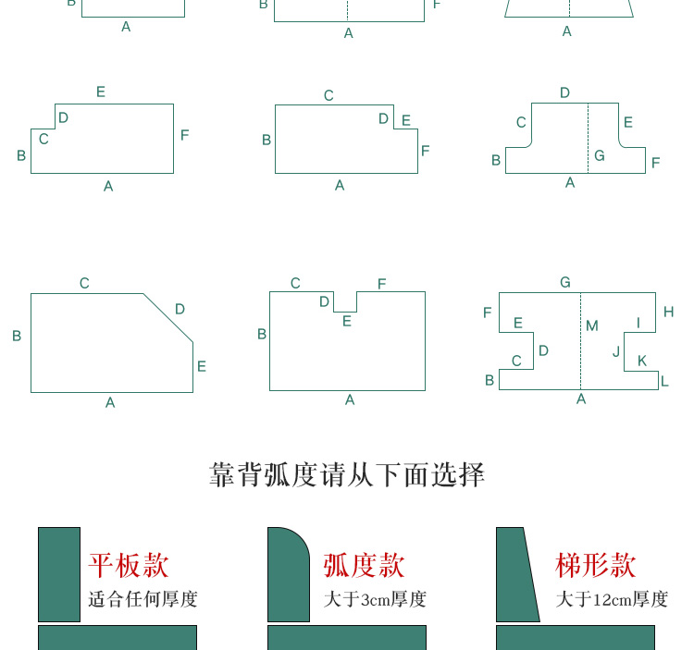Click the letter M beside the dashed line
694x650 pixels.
coord(592,325)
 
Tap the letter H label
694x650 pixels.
coord(669,313)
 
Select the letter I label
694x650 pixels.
coord(638,323)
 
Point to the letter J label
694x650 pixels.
coord(616,351)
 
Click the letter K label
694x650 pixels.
coord(642,361)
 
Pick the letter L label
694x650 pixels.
coord(664,381)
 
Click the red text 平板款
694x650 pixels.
coord(129,565)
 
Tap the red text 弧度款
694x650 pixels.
coord(365,565)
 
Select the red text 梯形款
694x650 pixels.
coord(596,565)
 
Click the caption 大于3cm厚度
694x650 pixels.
coord(375,599)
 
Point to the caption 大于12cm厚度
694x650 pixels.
coord(612,599)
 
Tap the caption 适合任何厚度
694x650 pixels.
coord(143,599)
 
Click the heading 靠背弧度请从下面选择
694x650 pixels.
coord(347,475)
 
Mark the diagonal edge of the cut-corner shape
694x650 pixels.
coord(168,317)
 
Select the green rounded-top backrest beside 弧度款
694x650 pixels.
coord(287,575)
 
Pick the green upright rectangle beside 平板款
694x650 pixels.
coord(59,574)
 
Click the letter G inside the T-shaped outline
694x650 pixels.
coord(600,155)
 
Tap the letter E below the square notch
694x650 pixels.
coord(347,322)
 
